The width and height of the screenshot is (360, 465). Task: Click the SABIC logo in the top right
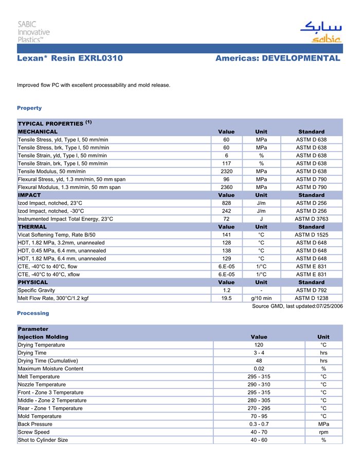point(320,32)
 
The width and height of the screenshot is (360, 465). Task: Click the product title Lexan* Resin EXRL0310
point(70,59)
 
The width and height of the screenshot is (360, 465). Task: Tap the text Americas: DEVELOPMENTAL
point(278,59)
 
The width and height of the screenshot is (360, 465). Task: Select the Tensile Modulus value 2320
point(226,171)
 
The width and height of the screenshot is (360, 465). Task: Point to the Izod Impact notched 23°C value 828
point(226,203)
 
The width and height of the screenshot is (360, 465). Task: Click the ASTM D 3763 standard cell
point(311,219)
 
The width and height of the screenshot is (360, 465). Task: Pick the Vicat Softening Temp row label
point(57,235)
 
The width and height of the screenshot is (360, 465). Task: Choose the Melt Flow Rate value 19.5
point(226,298)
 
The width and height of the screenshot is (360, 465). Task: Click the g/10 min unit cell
point(261,298)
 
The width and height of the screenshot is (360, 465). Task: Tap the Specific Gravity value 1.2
point(226,290)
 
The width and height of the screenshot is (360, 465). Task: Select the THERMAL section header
point(32,227)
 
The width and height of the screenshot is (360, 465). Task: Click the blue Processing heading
point(33,313)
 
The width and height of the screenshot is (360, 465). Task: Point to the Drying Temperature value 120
point(259,345)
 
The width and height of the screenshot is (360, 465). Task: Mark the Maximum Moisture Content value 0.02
point(259,368)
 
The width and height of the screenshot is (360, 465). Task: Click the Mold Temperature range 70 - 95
point(259,416)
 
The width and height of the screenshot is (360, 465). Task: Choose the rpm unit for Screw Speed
point(323,432)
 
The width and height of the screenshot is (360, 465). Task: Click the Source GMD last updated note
point(297,306)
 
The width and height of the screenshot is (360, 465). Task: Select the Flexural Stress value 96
point(226,179)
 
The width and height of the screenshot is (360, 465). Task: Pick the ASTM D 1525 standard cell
point(311,235)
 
